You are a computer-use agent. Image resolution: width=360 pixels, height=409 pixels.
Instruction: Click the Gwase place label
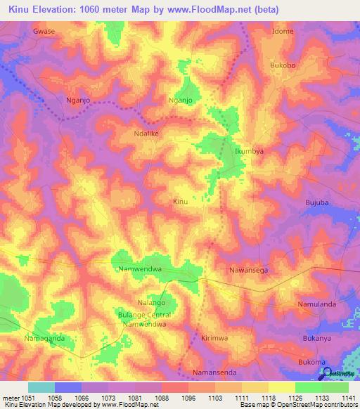[44, 32]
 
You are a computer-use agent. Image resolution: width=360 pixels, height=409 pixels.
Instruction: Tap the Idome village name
[283, 32]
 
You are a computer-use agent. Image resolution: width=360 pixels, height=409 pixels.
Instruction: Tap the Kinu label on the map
[181, 202]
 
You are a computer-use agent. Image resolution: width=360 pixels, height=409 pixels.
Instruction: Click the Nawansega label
[249, 270]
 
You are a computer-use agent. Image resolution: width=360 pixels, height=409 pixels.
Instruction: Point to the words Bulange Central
[144, 315]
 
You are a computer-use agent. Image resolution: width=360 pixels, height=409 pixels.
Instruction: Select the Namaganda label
[44, 338]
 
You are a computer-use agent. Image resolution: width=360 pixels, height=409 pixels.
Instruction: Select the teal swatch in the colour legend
[41, 387]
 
